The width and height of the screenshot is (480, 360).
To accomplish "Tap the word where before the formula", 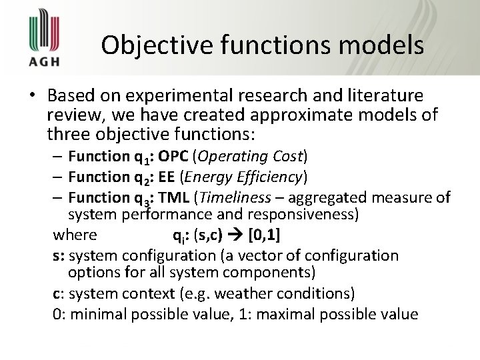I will [75, 235].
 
